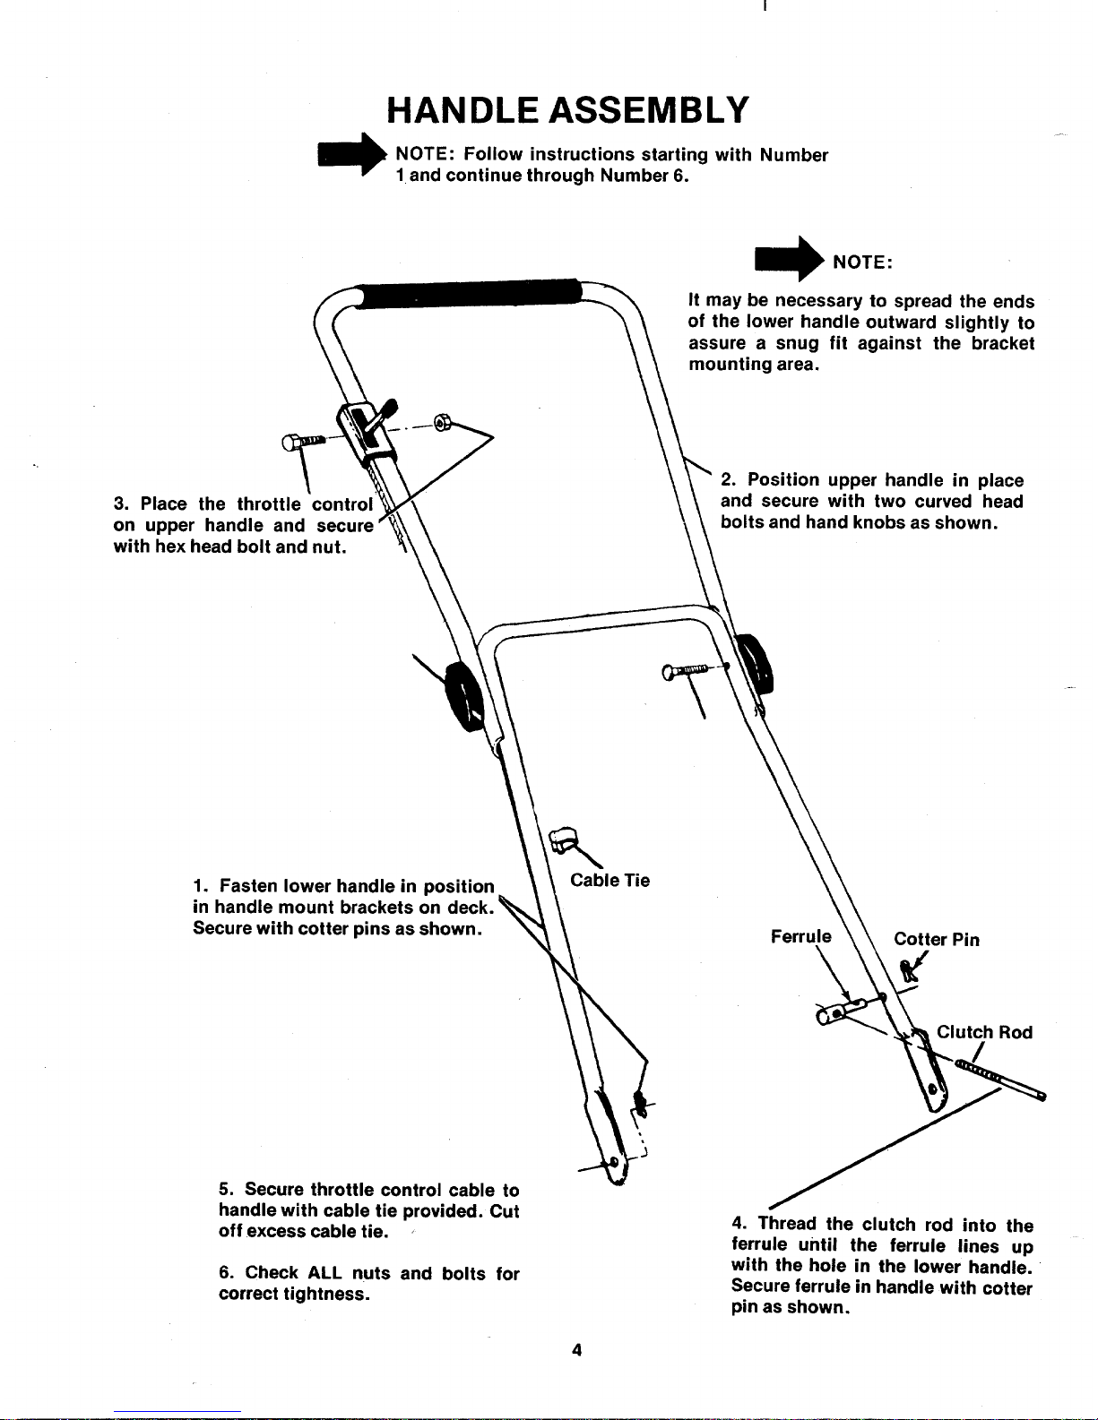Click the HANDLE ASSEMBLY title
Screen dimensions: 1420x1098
click(566, 110)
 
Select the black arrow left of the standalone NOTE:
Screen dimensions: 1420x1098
click(789, 259)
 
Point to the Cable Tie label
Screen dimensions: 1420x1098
click(610, 880)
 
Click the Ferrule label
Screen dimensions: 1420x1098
click(800, 936)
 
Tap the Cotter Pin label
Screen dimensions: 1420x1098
click(936, 939)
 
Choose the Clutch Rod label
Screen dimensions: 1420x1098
click(984, 1032)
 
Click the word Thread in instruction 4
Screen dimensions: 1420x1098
click(787, 1224)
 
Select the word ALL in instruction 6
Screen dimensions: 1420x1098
click(324, 1273)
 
